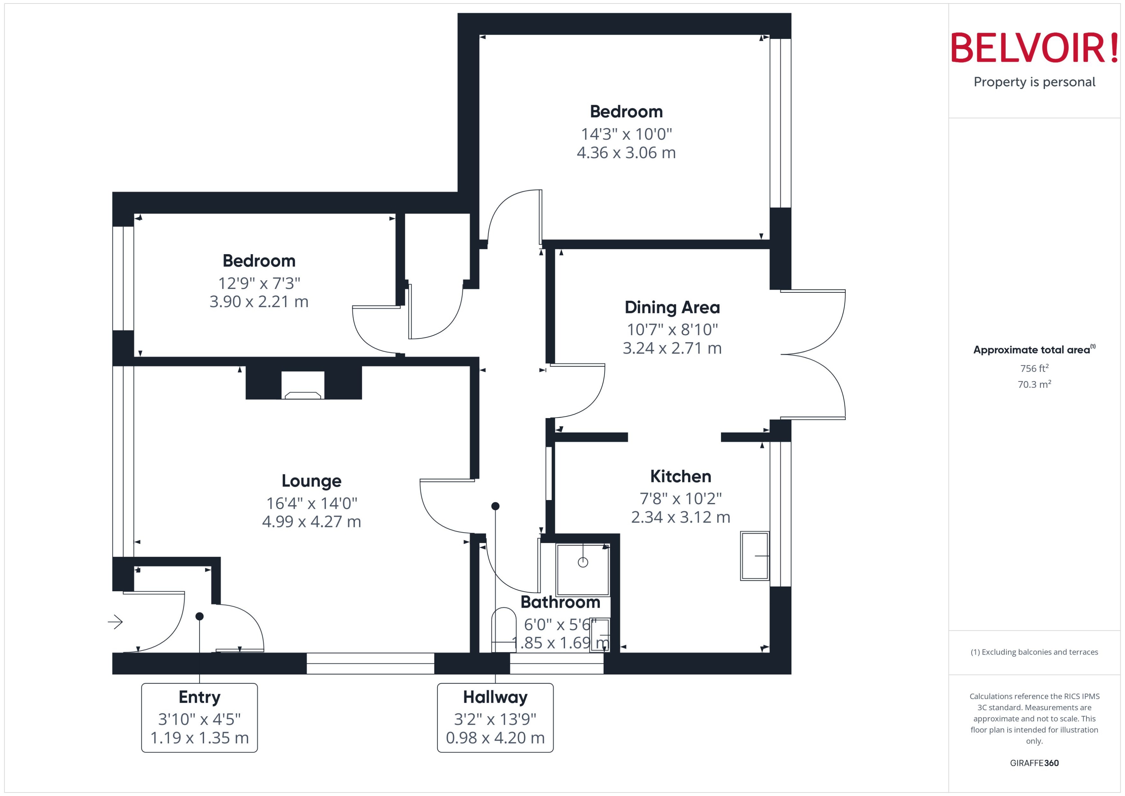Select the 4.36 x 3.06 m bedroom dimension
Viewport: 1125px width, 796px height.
coord(626,153)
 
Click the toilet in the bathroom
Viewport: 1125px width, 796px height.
coord(503,630)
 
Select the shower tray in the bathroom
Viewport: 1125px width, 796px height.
coord(582,569)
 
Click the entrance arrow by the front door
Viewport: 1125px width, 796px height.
coord(115,622)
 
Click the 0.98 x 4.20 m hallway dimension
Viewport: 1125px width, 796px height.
coord(495,738)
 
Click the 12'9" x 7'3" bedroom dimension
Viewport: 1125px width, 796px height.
coord(259,283)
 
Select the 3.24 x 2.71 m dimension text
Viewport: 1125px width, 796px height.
coord(672,348)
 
